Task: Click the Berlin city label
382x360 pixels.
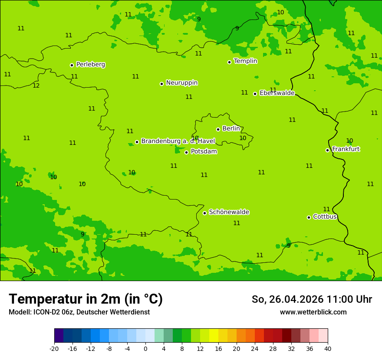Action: tap(231, 129)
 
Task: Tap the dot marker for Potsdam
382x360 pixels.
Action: tap(186, 152)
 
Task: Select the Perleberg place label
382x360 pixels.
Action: tap(90, 65)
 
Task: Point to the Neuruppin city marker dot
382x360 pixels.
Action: tap(161, 84)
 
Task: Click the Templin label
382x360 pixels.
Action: tap(245, 61)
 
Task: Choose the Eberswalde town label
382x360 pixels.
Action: tap(277, 93)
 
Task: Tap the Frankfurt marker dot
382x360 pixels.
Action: tap(327, 150)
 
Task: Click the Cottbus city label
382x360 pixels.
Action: tap(325, 217)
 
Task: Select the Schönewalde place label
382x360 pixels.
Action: tap(229, 212)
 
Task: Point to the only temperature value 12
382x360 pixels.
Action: tap(36, 86)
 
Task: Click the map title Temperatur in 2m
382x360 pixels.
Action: tap(86, 299)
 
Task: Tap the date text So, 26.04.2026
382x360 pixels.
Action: tap(287, 299)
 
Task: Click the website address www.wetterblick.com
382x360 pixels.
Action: tap(313, 312)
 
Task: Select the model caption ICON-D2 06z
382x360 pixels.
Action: tap(79, 312)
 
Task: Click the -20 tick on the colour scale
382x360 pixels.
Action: tap(54, 349)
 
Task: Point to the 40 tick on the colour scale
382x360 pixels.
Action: tap(327, 349)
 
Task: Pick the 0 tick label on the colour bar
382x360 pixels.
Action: tap(145, 349)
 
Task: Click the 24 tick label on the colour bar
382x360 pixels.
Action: tap(254, 349)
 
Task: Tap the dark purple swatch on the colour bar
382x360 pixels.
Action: tap(59, 336)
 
